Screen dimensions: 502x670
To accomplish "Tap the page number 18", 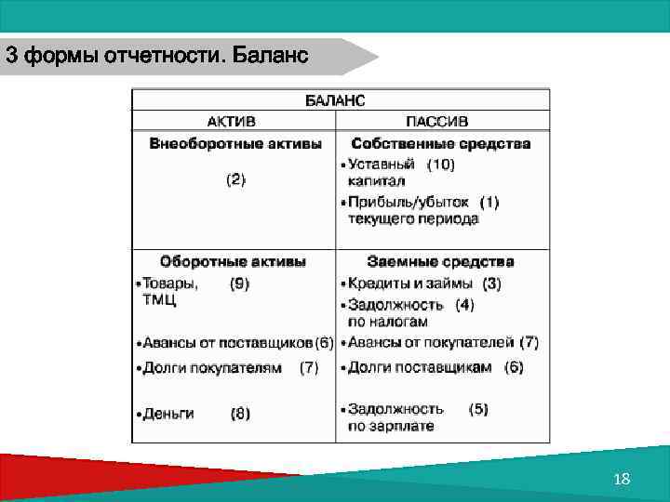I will pos(623,479).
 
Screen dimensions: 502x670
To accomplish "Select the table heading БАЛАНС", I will pos(335,99).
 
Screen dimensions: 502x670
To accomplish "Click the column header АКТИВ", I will pos(232,122).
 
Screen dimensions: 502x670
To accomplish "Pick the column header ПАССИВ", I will pos(437,122).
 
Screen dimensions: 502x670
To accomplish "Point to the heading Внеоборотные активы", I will pos(235,144).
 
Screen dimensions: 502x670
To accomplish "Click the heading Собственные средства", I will pos(441,144).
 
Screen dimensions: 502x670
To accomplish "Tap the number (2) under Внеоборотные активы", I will pos(236,180).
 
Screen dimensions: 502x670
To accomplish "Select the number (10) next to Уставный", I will pos(441,165).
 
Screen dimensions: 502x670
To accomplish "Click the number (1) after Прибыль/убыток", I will pos(489,202).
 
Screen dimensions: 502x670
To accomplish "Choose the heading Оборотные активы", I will pos(233,262).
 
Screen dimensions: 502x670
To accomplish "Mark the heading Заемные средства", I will pos(440,262).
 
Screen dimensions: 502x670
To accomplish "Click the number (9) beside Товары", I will pos(239,284).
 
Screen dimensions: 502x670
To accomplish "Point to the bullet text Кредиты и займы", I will pos(410,284).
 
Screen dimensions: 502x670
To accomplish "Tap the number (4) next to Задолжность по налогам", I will pos(464,304).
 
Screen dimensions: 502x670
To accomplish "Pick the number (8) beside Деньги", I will pos(240,414).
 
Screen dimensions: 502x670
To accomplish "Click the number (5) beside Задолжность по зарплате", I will pos(478,408).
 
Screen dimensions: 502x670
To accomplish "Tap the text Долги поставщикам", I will pos(420,367).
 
